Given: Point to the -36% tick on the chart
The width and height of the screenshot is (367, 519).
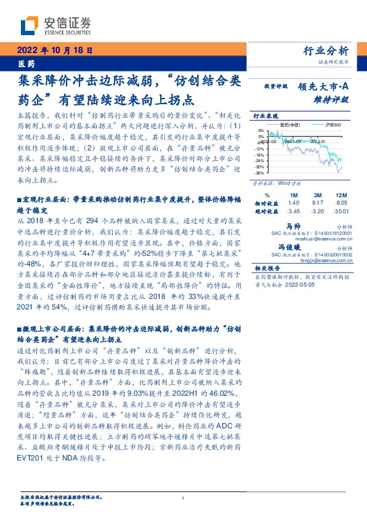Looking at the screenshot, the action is (x=260, y=173).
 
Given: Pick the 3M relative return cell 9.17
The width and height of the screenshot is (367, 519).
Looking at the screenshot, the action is (x=318, y=202).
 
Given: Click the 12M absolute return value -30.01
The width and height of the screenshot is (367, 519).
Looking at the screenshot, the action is (x=342, y=211).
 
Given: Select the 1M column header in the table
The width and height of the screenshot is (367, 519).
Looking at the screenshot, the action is (x=293, y=194).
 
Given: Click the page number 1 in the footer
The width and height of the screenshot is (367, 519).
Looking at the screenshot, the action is (x=183, y=499).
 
